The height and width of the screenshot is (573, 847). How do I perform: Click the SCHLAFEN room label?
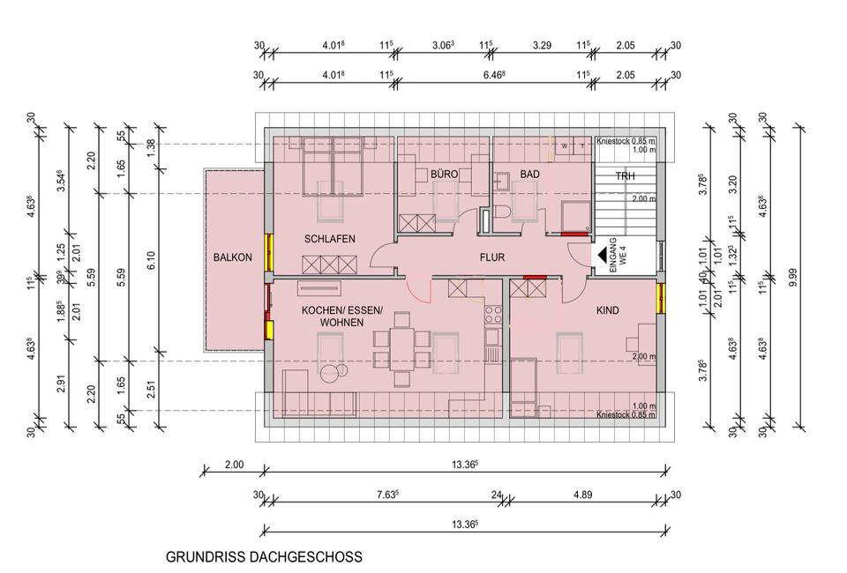click(330, 239)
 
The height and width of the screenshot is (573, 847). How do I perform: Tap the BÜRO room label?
click(444, 175)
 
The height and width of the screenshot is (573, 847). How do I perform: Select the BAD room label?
click(529, 175)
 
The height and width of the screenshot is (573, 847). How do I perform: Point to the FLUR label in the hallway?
click(491, 259)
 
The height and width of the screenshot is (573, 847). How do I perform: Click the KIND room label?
click(607, 310)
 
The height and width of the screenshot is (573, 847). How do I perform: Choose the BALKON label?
click(232, 257)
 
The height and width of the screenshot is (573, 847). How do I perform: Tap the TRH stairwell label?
click(625, 176)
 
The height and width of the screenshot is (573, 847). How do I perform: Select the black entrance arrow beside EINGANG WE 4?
click(603, 256)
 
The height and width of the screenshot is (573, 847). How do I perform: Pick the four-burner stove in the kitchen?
click(491, 313)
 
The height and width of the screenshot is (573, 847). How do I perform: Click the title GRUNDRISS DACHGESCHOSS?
click(264, 557)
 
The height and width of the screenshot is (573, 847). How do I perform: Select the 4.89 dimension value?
click(582, 495)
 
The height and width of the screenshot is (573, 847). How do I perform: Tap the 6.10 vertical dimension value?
click(151, 259)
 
